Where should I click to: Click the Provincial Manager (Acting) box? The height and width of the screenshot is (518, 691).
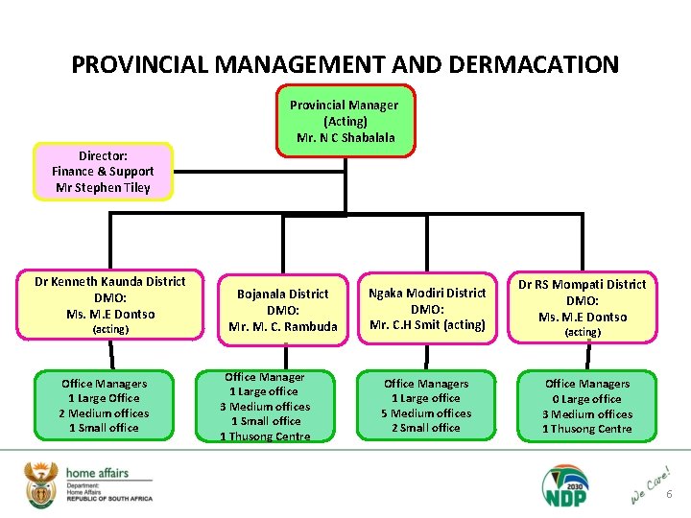point(345,120)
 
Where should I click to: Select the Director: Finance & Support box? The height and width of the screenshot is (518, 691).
point(103,172)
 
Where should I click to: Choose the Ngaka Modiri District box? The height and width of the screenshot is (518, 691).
point(428,309)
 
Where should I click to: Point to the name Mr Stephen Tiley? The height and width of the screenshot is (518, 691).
point(103,188)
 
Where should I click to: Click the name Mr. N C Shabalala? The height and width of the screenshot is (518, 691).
point(345,137)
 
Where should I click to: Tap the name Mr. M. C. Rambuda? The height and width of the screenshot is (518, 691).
point(283,326)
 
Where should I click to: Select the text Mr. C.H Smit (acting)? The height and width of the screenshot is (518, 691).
point(428,324)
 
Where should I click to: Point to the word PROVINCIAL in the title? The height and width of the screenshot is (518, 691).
point(139,65)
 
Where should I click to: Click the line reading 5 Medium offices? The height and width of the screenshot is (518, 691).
point(428,413)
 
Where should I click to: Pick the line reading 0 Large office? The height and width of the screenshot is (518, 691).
point(587,399)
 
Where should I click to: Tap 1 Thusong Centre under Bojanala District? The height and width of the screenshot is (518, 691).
point(265,436)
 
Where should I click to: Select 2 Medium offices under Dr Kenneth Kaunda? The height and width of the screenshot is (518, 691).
point(104,413)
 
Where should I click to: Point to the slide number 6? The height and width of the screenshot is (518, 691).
point(670,495)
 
